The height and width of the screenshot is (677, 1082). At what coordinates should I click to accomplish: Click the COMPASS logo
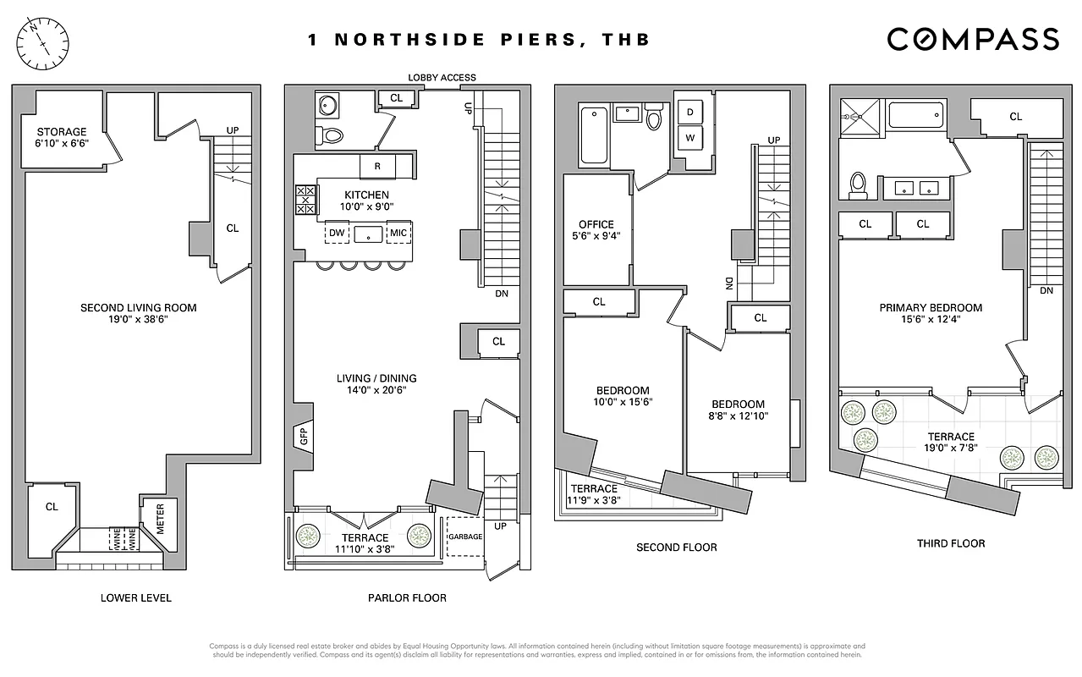pos(972,39)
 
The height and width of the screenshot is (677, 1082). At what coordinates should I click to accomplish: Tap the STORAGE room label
pos(61,137)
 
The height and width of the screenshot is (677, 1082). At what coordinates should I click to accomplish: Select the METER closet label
pos(159,519)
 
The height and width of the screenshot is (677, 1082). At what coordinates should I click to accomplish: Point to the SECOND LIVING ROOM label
pos(138,313)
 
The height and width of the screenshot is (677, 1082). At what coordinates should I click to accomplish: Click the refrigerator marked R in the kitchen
pos(377,167)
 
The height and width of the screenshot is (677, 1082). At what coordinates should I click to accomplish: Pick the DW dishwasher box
pos(337,233)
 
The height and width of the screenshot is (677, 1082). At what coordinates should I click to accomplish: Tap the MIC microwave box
pos(398,233)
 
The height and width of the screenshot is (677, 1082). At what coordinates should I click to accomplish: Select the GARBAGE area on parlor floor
pos(464,537)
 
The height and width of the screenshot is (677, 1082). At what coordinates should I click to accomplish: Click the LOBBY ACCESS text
pos(442,78)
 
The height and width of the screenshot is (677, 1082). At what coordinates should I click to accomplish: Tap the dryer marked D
pos(689,113)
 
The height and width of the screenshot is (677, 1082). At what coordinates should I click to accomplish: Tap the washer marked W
pos(689,137)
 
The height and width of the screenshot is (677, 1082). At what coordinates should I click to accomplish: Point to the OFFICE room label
pos(596,230)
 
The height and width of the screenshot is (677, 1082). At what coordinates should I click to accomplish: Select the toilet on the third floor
pos(858,184)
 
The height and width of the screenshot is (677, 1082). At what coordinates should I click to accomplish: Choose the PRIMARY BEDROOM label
pos(931,313)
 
